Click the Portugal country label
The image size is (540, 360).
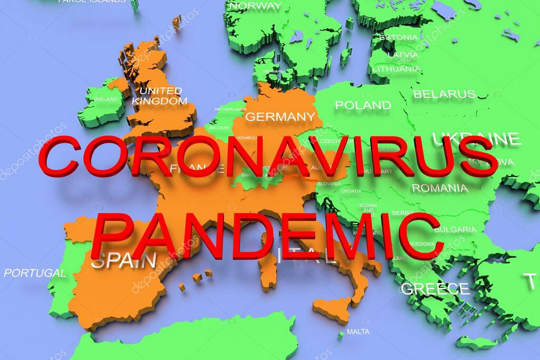pyautogui.click(x=35, y=273)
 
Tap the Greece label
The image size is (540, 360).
pyautogui.click(x=435, y=289)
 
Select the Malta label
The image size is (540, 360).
pyautogui.click(x=359, y=332)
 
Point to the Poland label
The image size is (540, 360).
pyautogui.click(x=363, y=105)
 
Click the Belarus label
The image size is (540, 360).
pyautogui.click(x=444, y=94)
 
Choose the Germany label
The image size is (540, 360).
pyautogui.click(x=280, y=116)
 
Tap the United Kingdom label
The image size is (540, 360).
pyautogui.click(x=159, y=95)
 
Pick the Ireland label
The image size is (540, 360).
pyautogui.click(x=106, y=99)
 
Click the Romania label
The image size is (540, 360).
pyautogui.click(x=440, y=188)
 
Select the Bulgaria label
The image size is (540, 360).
pyautogui.click(x=455, y=229)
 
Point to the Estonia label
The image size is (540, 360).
pyautogui.click(x=399, y=37)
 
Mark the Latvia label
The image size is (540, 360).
pyautogui.click(x=403, y=54)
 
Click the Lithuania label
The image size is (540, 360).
pyautogui.click(x=397, y=69)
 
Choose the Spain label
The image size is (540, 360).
pyautogui.click(x=124, y=261)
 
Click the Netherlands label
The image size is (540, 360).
pyautogui.click(x=230, y=109)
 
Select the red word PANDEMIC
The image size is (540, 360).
pyautogui.click(x=266, y=236)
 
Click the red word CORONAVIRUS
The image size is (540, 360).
pyautogui.click(x=268, y=156)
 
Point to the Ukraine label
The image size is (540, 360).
pyautogui.click(x=476, y=139)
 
